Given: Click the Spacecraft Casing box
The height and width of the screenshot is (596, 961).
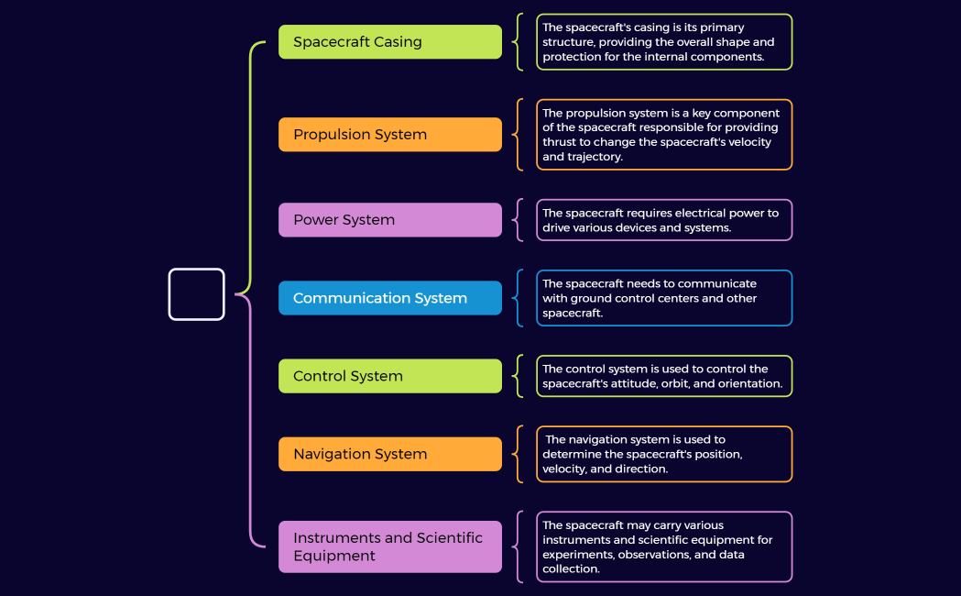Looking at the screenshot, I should [389, 42].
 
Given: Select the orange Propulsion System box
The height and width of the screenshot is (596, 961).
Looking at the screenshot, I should [389, 135].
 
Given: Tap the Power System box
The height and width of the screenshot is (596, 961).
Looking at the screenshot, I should [389, 220].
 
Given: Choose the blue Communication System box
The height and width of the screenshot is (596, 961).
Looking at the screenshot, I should [389, 298].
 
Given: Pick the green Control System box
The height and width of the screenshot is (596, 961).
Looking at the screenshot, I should [389, 376].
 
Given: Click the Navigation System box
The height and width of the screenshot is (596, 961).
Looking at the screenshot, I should [389, 454].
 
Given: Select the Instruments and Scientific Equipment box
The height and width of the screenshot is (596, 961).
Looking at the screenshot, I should [389, 546].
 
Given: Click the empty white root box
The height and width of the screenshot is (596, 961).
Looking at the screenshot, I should [196, 294].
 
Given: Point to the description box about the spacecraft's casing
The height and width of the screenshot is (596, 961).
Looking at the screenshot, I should [664, 42].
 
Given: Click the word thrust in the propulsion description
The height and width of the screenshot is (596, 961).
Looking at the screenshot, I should [559, 142].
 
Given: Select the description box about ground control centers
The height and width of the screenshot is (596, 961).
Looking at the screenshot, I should [664, 298].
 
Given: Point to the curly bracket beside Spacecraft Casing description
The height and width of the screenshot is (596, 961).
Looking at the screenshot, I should [519, 42].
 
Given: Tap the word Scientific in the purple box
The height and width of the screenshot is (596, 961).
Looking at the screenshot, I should [449, 538].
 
